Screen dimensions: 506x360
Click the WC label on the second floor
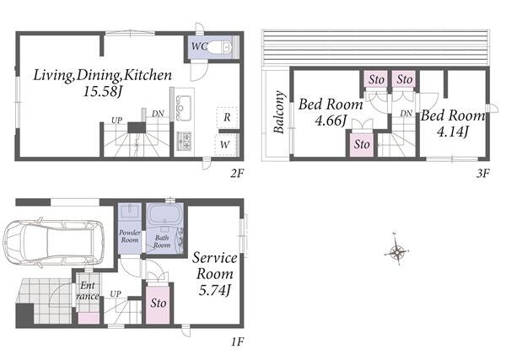(199, 46)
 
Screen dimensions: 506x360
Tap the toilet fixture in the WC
(220, 48)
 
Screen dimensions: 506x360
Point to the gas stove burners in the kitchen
(185, 141)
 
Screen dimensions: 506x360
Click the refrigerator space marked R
(227, 117)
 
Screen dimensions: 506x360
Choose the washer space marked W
(226, 144)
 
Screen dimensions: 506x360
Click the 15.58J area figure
(102, 92)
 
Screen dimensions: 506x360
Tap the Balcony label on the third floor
(279, 112)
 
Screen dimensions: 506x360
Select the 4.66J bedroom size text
(331, 121)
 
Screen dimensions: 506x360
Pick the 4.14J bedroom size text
(452, 132)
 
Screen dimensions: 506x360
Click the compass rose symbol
(397, 250)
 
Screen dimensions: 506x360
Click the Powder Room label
(130, 236)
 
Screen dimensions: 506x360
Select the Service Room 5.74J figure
(214, 291)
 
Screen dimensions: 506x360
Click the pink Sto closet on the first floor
(158, 304)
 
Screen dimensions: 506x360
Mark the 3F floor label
(482, 174)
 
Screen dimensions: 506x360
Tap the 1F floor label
(238, 341)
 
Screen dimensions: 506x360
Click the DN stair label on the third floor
(406, 113)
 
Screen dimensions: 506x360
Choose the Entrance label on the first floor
(88, 291)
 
